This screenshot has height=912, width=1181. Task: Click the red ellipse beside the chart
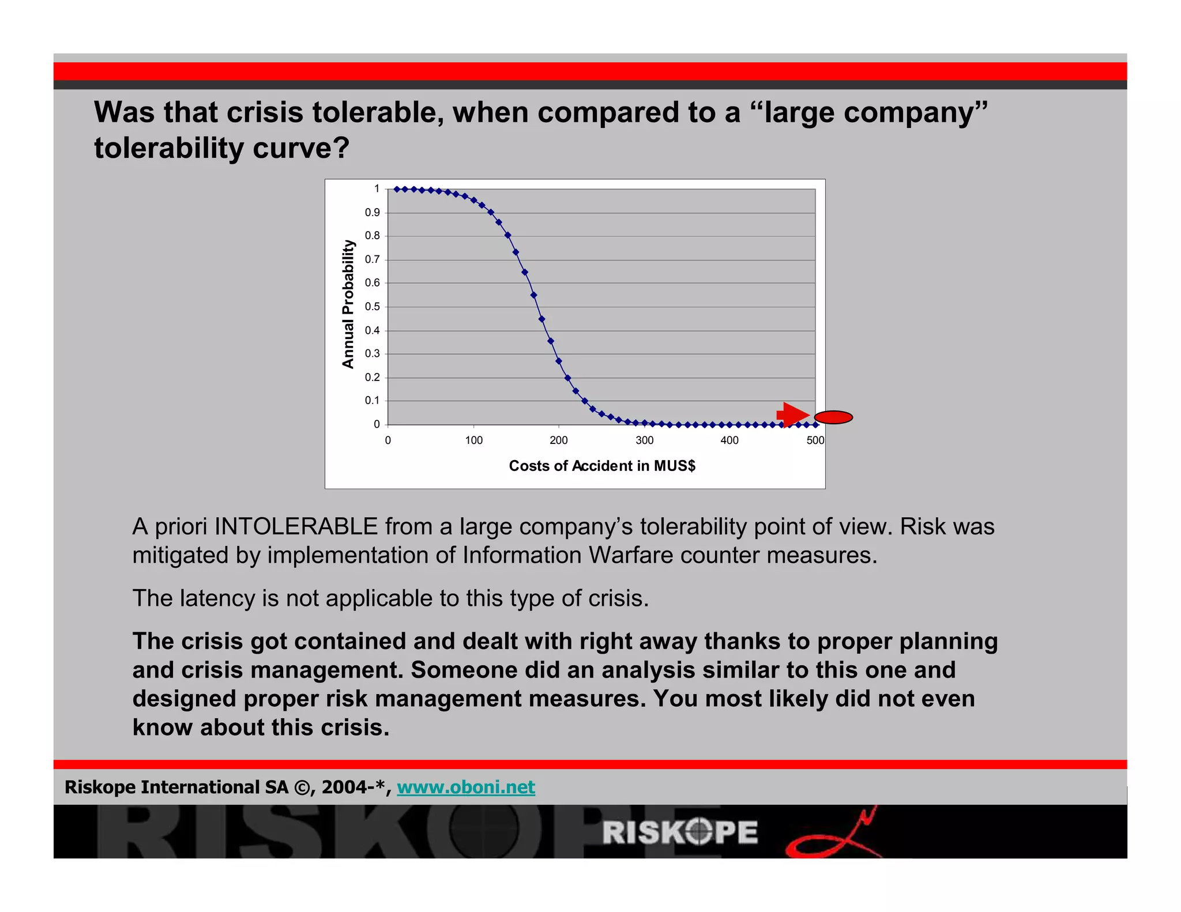click(x=833, y=417)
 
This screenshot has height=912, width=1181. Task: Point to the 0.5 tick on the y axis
click(x=373, y=307)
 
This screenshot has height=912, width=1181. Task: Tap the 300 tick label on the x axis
click(x=644, y=440)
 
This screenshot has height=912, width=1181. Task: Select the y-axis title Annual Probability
click(x=348, y=304)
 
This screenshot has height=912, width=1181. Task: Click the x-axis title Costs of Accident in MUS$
click(x=601, y=466)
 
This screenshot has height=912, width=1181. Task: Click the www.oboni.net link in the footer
click(x=466, y=787)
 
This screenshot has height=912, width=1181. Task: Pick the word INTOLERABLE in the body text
click(x=296, y=527)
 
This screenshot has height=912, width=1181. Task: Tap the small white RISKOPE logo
click(x=680, y=832)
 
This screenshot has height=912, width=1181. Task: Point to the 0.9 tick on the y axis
click(x=373, y=213)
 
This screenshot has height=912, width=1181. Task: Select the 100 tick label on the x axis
click(x=473, y=440)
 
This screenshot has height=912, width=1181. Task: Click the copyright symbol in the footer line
click(x=302, y=787)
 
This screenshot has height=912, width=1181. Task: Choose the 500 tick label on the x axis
click(x=815, y=440)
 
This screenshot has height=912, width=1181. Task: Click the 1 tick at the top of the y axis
click(x=377, y=189)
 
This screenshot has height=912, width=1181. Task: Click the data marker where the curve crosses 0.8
click(x=508, y=235)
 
